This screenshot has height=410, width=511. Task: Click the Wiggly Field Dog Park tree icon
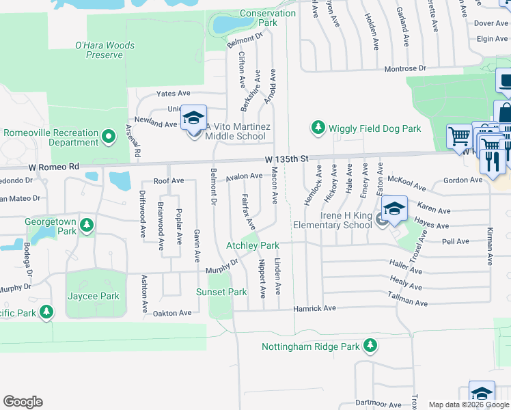[318, 128]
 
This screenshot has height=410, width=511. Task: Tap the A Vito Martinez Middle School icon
[193, 118]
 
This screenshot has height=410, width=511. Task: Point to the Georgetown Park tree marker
[86, 224]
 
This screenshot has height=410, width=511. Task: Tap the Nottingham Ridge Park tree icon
[370, 346]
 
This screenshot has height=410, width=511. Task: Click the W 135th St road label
[288, 159]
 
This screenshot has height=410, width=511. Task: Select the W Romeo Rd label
[54, 166]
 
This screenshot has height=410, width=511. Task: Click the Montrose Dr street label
[405, 69]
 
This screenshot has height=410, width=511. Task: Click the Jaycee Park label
[94, 296]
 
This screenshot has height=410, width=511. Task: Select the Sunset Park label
[221, 292]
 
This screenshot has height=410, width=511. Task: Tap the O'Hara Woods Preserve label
[105, 50]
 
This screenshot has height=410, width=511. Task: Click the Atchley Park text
[253, 245]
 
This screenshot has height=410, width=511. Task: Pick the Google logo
[23, 402]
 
